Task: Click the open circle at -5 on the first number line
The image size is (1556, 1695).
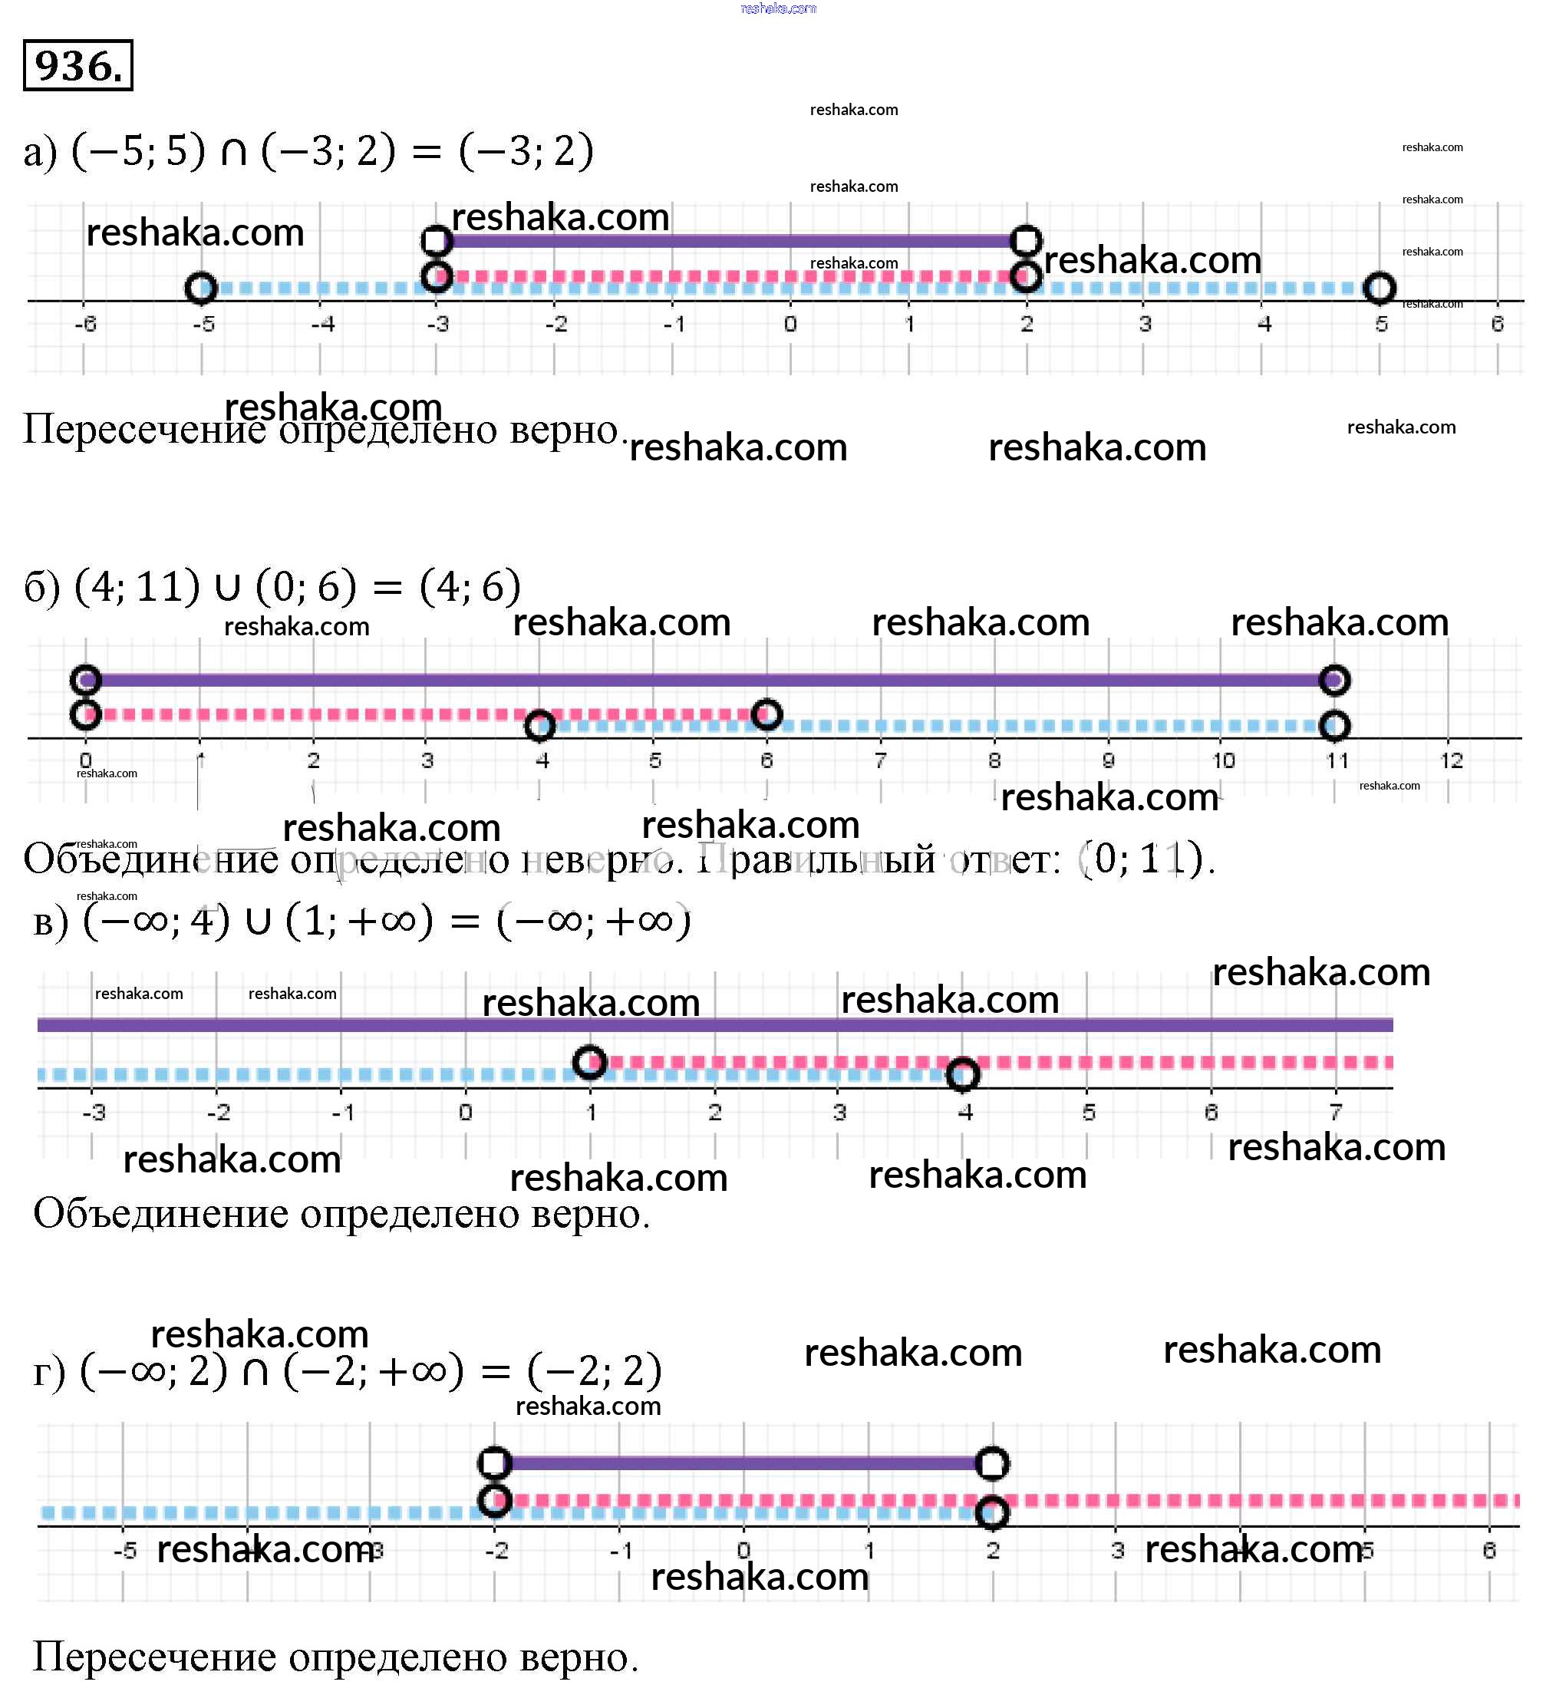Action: pos(201,288)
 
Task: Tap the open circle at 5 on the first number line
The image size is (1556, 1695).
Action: pos(1378,288)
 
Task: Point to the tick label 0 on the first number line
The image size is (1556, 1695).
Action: pos(790,324)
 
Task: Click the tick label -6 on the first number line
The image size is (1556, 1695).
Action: pos(85,324)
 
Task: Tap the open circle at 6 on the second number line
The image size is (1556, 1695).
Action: pos(766,714)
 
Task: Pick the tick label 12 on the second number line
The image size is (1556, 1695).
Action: pos(1451,761)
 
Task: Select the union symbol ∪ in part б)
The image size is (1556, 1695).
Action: pos(227,588)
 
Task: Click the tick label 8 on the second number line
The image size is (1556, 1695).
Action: pos(994,761)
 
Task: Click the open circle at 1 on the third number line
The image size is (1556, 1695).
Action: pos(589,1062)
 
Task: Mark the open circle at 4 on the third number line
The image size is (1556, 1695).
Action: pos(963,1073)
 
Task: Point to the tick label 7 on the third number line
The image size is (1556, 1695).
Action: pos(1335,1113)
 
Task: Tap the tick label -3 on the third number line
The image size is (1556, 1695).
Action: pos(94,1113)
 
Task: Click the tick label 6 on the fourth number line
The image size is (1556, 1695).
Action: pos(1488,1550)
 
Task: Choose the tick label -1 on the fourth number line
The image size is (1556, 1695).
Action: pos(621,1550)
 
